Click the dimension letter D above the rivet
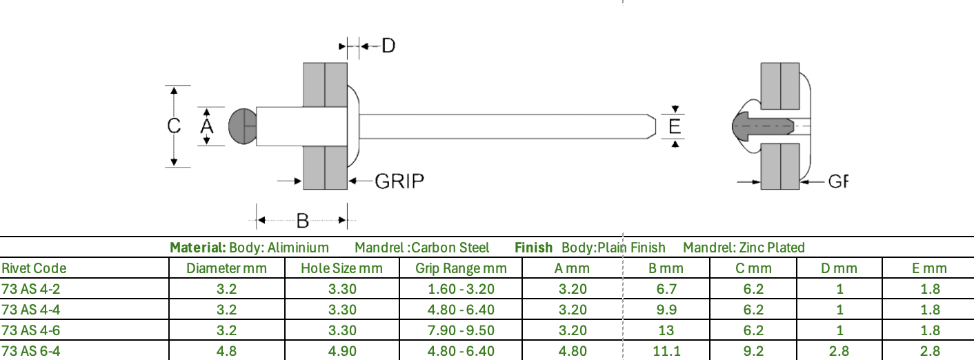388,46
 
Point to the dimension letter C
174,126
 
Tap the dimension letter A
207,126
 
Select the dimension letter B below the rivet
303,221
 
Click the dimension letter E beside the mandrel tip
675,126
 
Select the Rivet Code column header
34,268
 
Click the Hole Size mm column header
341,268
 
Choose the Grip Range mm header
461,268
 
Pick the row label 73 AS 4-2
31,289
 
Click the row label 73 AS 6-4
31,351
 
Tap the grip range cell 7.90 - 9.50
461,330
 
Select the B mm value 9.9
666,310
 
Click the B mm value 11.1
666,351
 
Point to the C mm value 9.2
753,351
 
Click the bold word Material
198,248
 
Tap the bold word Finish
533,248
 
